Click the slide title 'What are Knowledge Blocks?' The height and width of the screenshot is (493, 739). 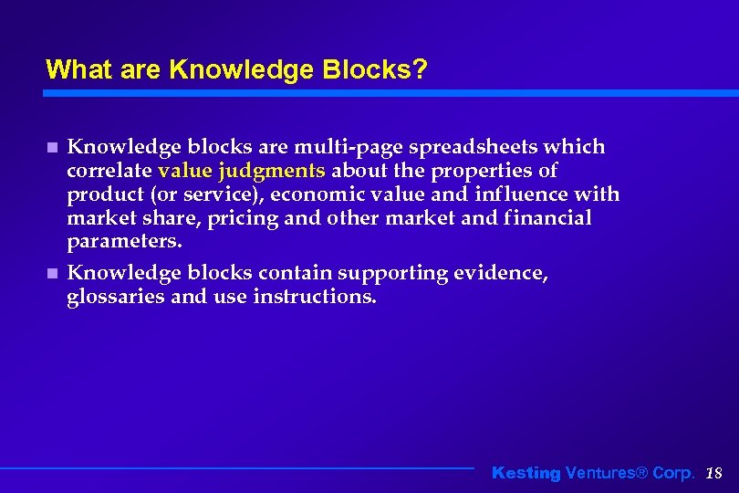point(235,69)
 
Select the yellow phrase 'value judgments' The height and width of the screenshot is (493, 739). point(241,171)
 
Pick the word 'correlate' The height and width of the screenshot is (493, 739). point(109,171)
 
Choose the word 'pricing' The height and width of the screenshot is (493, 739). point(240,218)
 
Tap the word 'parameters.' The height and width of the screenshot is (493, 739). point(125,242)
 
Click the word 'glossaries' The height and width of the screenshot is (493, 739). point(116,297)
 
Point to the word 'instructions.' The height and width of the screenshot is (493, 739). point(314,297)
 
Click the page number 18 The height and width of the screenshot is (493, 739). point(714,473)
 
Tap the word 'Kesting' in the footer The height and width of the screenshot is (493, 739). point(526,473)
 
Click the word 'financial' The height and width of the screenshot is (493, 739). point(545,218)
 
